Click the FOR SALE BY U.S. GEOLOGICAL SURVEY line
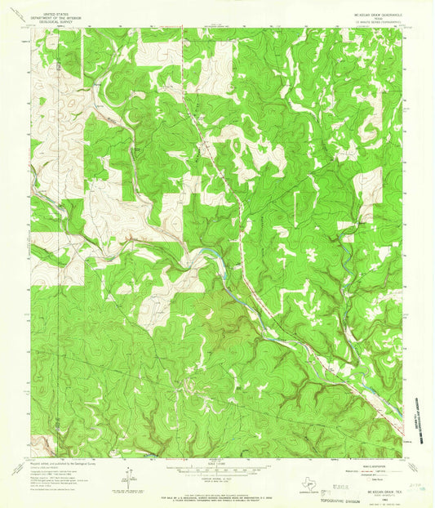pyautogui.click(x=217, y=488)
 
